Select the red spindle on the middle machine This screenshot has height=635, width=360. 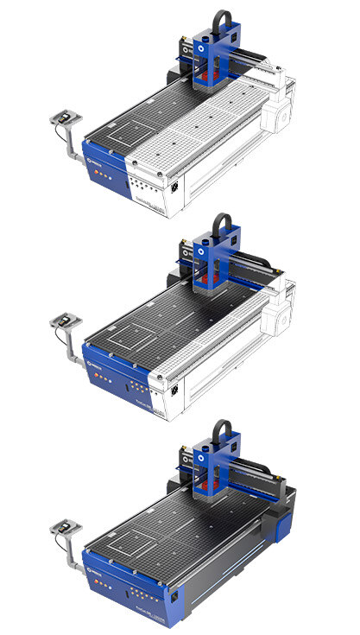pos(205,285)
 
